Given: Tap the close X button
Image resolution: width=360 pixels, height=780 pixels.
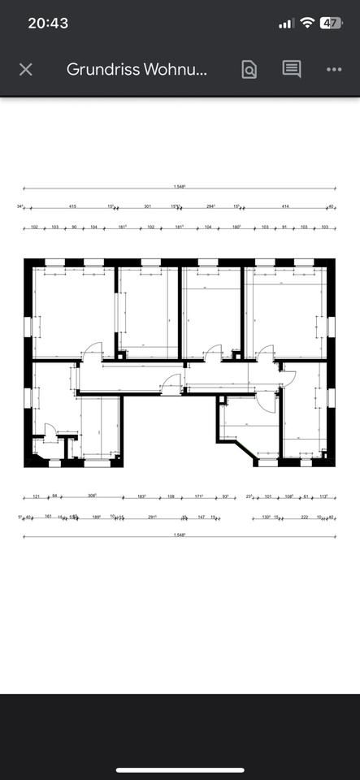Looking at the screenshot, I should [x=25, y=70].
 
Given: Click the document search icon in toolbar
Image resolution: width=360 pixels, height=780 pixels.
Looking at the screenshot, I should [x=249, y=70].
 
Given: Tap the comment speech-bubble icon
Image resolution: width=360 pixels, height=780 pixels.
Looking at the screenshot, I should [x=292, y=70].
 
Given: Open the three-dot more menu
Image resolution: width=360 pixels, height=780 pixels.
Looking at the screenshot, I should [x=334, y=70].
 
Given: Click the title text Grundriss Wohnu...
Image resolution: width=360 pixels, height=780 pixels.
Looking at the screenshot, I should [x=137, y=70].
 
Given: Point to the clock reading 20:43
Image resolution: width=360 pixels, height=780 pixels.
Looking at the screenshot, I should [x=48, y=23].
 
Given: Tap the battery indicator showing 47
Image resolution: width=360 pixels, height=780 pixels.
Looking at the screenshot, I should [x=331, y=23].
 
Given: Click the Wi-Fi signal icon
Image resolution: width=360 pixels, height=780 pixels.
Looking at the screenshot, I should [x=306, y=23].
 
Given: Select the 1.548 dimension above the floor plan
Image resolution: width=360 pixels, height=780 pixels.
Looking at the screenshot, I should [x=179, y=187].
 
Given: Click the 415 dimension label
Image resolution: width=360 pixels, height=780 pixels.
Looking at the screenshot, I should [x=72, y=206].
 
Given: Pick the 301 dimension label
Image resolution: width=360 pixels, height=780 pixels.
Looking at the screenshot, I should [x=147, y=206].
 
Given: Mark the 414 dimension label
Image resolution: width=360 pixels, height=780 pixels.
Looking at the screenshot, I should [x=285, y=206].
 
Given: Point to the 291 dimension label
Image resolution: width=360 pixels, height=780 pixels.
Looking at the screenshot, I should [x=152, y=516].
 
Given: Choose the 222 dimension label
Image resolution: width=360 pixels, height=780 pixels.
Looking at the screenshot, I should [x=304, y=516].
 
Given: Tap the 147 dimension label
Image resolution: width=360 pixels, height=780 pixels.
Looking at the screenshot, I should [x=201, y=516].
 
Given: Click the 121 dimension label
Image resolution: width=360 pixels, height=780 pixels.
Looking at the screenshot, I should [x=37, y=496].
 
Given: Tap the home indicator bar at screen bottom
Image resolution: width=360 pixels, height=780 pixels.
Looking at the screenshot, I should [x=180, y=769].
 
